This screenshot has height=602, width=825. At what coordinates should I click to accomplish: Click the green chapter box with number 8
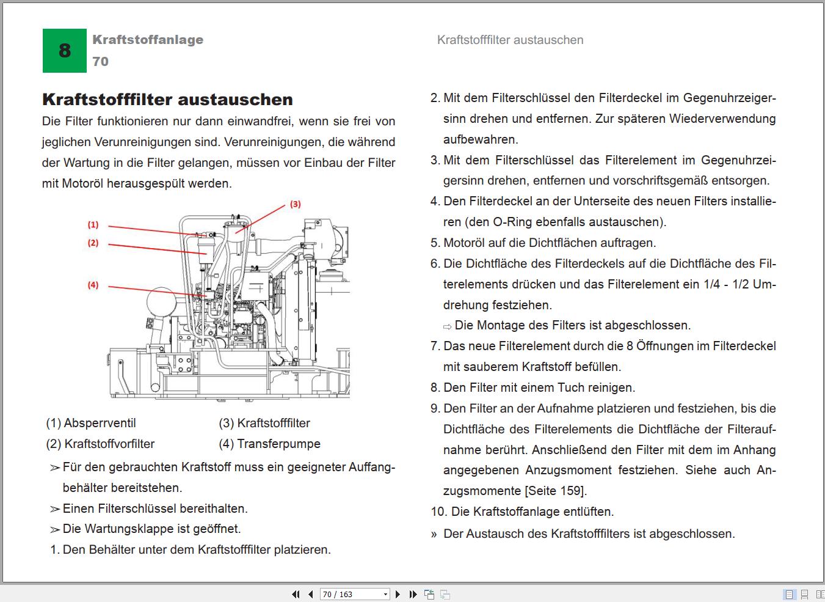pos(64,51)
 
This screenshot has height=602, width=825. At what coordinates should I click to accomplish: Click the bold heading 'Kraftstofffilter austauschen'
pos(167,99)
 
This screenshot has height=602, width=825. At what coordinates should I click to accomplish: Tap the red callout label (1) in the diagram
pos(93,225)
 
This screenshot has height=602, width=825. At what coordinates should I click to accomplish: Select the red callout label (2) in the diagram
pos(93,243)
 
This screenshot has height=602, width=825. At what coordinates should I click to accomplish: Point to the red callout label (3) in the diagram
pos(295,204)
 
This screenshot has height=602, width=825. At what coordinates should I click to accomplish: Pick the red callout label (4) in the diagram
pos(93,285)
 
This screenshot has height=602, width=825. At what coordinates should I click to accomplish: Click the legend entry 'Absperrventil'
pos(100,423)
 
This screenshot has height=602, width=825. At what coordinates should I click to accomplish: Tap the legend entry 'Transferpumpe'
pos(278,444)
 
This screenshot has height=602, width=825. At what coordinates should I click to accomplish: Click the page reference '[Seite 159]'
pos(555,491)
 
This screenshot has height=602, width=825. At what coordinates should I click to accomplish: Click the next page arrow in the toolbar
pos(398,594)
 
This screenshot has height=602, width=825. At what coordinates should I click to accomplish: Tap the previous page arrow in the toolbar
pos(310,594)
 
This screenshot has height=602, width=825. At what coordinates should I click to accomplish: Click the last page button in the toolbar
pos(413,594)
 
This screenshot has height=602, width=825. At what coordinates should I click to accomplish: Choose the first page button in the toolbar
pos(296,594)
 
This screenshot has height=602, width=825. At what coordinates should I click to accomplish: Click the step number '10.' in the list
pos(438,512)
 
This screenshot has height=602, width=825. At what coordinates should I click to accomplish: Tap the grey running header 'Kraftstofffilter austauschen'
pos(510,40)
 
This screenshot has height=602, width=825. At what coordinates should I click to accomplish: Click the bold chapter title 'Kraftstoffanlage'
pos(148,40)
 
